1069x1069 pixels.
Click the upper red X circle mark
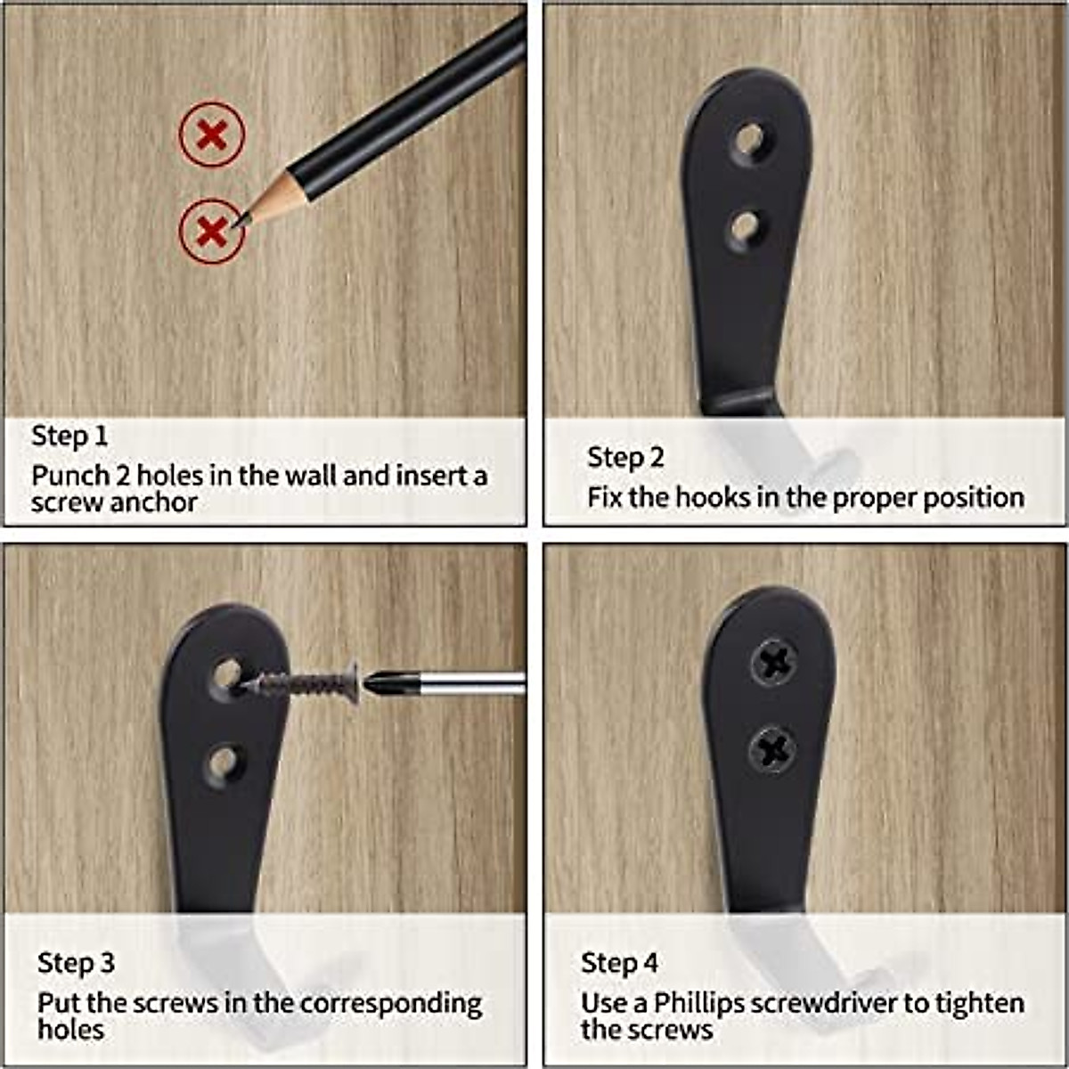[211, 135]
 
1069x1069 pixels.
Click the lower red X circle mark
[211, 231]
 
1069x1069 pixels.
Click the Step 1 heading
[69, 436]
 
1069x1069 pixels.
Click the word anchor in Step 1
[154, 502]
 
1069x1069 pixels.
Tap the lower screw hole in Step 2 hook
[747, 226]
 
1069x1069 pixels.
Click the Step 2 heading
[625, 457]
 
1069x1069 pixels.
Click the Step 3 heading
[76, 963]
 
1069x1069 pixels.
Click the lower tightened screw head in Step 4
[771, 748]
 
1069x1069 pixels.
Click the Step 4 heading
[619, 963]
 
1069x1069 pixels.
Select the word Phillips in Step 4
[698, 1004]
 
